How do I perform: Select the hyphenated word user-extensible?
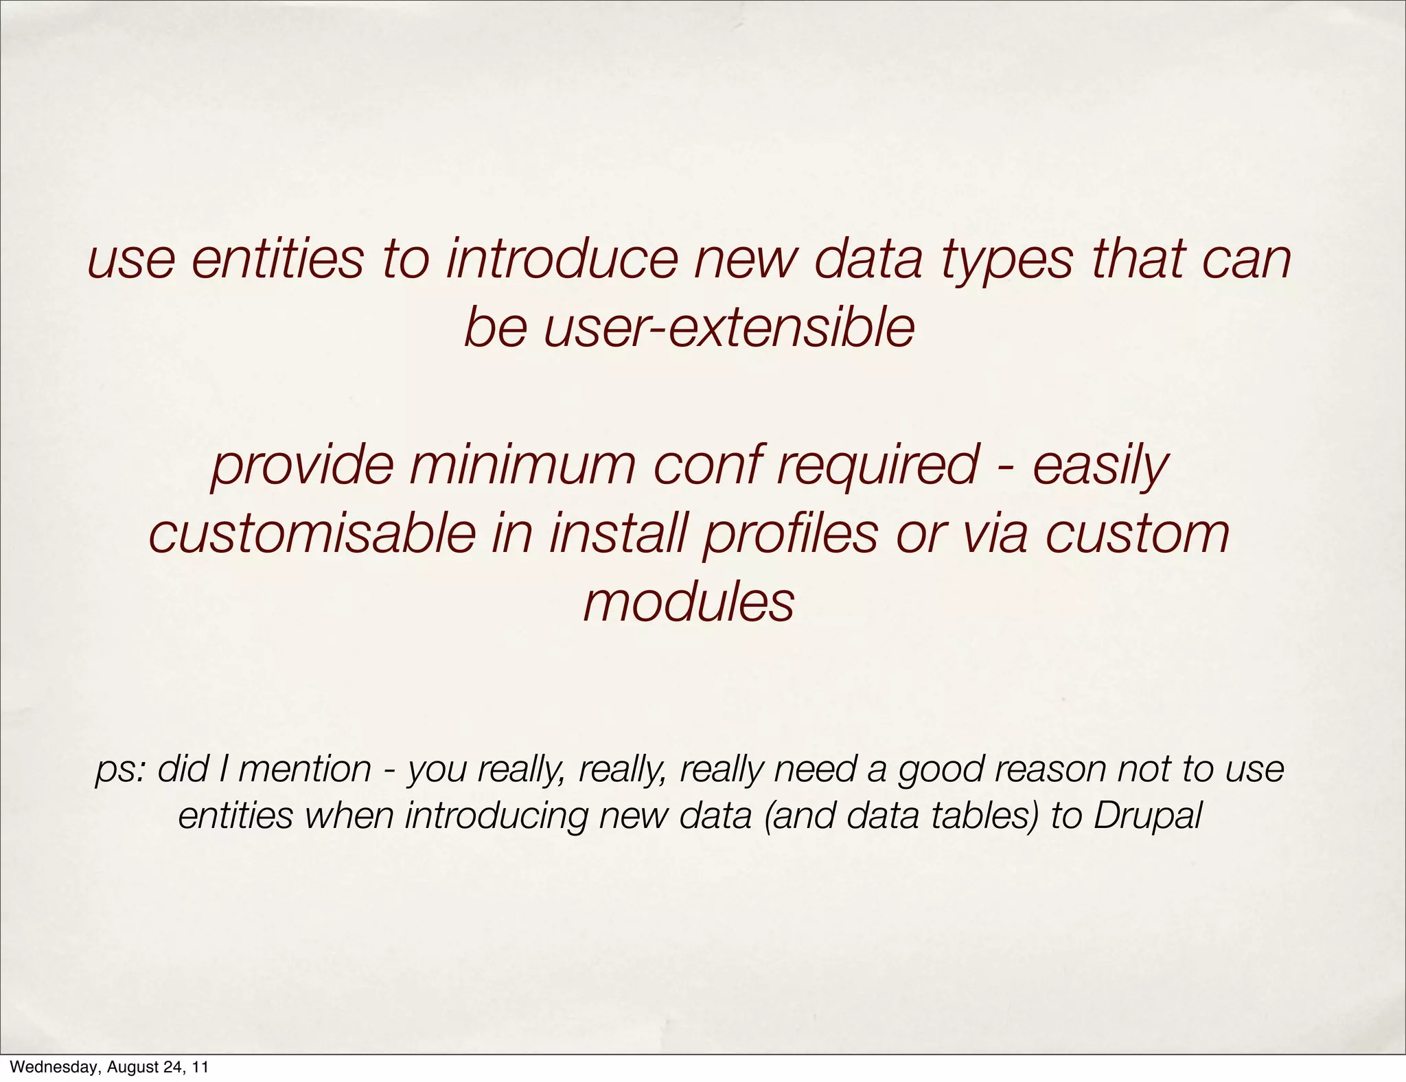(689, 328)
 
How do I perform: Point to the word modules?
(689, 603)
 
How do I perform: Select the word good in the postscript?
(938, 770)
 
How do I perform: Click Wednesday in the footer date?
(51, 1068)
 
